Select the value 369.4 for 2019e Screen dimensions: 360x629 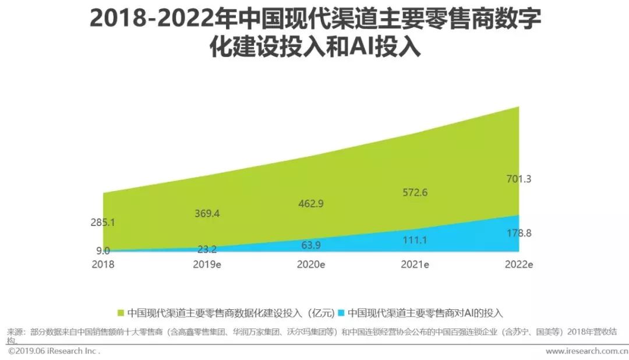point(207,214)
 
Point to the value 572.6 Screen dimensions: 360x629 point(415,192)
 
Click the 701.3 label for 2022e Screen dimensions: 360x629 point(518,179)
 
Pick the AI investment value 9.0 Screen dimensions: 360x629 point(103,252)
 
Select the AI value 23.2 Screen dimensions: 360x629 point(207,249)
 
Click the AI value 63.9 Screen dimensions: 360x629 point(310,245)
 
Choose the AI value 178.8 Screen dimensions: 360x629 point(518,233)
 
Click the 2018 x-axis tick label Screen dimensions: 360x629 point(103,264)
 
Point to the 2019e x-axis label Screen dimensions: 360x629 point(207,264)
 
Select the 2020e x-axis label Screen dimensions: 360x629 point(310,264)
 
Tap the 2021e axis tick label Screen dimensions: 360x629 point(415,264)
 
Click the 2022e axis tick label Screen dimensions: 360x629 point(518,264)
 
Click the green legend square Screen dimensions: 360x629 point(121,313)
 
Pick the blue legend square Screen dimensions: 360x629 point(342,313)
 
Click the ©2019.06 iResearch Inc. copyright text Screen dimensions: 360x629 point(54,351)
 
